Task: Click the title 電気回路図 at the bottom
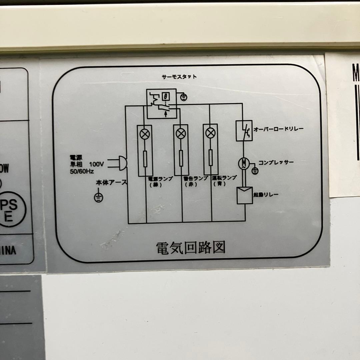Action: tap(191, 248)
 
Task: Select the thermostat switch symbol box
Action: tap(162, 104)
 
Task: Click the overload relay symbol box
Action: tap(244, 130)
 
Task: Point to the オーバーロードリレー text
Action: tap(279, 129)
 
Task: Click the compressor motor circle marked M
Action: tap(244, 163)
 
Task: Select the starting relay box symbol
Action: tap(245, 195)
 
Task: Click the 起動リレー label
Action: tap(266, 195)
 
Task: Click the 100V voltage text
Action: tap(97, 164)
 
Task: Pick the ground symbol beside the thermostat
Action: tap(183, 97)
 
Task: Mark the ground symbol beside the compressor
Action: tap(255, 171)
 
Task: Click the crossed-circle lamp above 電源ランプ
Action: tap(145, 134)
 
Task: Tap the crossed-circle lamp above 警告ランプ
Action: tap(181, 134)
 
